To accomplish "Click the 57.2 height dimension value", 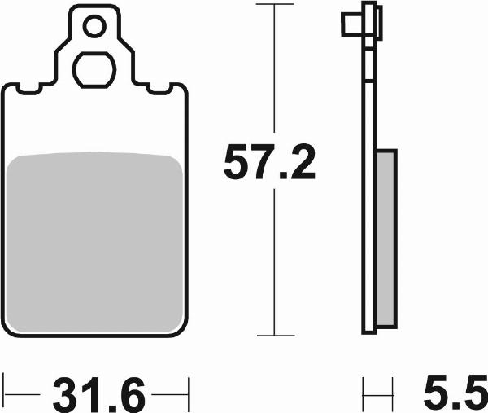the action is tap(269, 162).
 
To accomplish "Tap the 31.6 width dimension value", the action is tap(99, 395).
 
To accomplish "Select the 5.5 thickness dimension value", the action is tap(455, 395).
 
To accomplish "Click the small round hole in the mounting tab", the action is tap(94, 27).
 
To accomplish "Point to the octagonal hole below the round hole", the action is tap(94, 70).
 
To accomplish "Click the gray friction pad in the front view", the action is tap(94, 242).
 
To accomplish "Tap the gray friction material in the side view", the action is tap(386, 239).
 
